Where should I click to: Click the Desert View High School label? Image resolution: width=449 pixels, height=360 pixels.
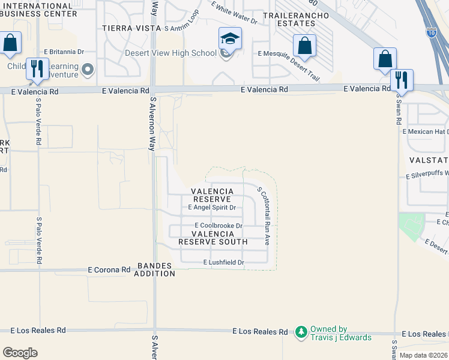pos(170,53)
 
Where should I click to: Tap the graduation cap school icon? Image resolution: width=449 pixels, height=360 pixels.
pos(230,40)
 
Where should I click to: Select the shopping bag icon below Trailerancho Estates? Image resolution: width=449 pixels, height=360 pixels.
pos(305,46)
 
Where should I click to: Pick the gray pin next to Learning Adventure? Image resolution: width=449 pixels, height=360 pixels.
pos(89,70)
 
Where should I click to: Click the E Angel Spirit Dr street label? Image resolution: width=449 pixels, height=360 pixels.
pos(212,207)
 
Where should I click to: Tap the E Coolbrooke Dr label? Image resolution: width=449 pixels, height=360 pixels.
pos(213,226)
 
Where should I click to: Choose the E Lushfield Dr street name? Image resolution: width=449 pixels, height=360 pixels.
pos(224,262)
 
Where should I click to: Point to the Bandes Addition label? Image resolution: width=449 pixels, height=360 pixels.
pos(155,269)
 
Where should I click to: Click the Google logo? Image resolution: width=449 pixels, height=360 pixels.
pos(20,352)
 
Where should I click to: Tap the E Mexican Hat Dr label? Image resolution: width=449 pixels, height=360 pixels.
pos(426,131)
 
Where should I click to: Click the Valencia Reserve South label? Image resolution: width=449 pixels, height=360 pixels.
pos(213,238)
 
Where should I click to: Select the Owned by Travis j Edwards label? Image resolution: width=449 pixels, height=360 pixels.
pos(340,333)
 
